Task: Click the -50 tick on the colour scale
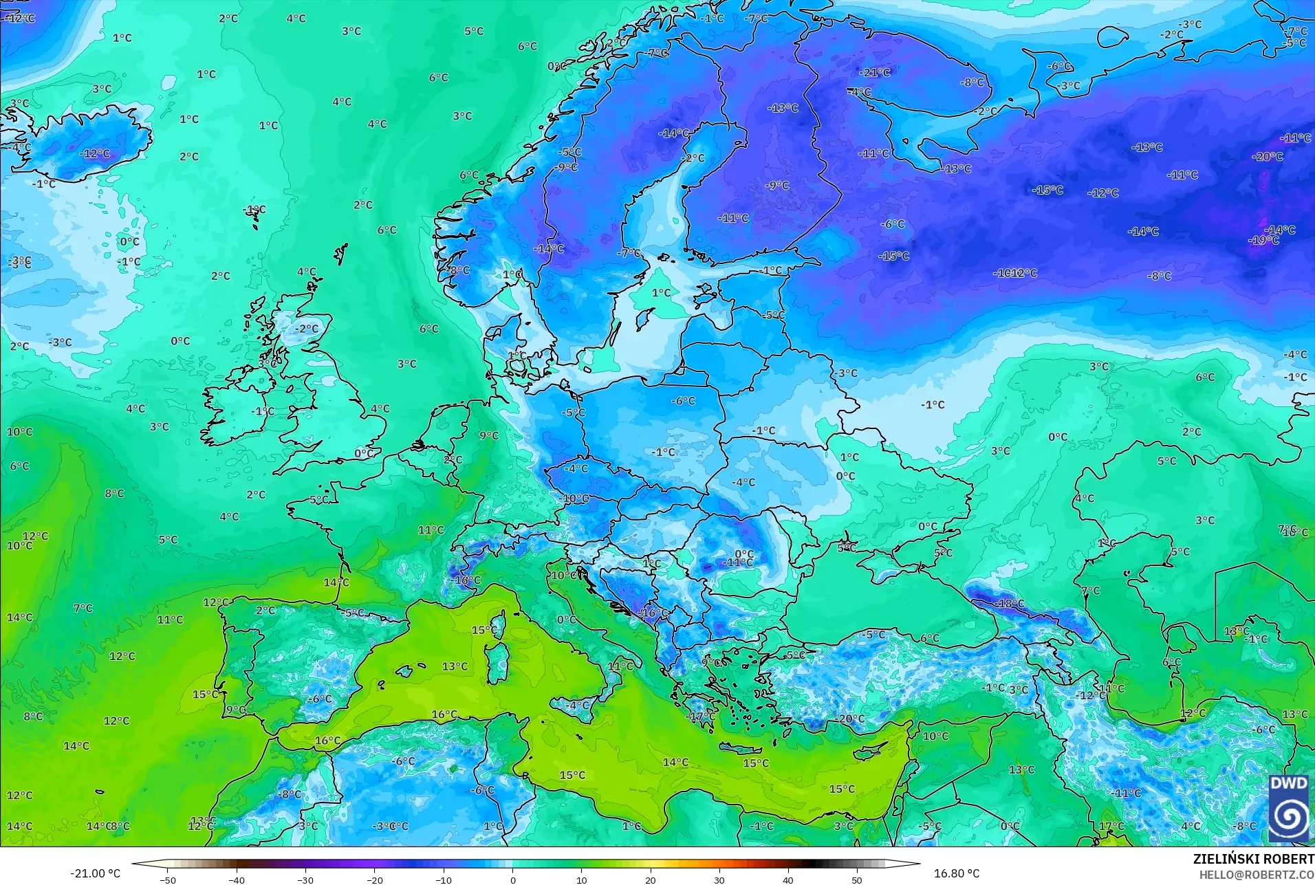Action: click(168, 879)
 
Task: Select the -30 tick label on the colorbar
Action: click(305, 879)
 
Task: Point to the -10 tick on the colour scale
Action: click(444, 879)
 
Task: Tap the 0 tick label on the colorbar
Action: click(512, 879)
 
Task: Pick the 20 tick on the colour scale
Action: click(651, 879)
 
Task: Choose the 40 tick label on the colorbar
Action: click(788, 879)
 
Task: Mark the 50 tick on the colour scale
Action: click(857, 879)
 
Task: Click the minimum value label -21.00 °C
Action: click(95, 873)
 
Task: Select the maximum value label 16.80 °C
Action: click(957, 873)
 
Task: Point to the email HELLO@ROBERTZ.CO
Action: click(1257, 875)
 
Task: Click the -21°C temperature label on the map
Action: click(875, 72)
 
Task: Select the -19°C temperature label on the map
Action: click(1264, 240)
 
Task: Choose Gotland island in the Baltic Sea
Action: click(645, 318)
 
